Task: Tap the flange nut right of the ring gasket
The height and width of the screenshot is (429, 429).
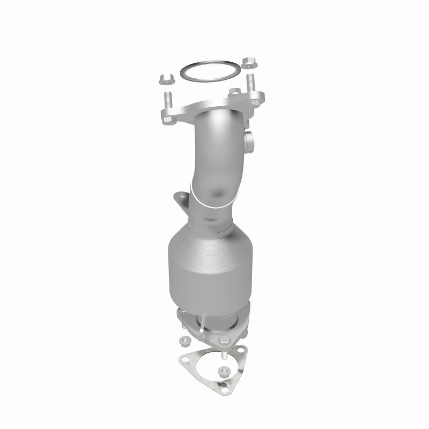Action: pyautogui.click(x=249, y=62)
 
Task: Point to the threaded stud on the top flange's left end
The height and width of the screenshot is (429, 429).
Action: pyautogui.click(x=168, y=99)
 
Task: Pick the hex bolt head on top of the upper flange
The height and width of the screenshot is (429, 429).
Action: pyautogui.click(x=235, y=92)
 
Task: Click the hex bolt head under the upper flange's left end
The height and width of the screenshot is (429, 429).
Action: pyautogui.click(x=167, y=120)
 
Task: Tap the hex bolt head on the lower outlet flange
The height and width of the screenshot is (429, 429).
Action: pyautogui.click(x=224, y=339)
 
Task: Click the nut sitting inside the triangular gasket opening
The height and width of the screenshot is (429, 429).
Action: pyautogui.click(x=224, y=371)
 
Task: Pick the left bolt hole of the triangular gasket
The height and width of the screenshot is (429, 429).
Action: pyautogui.click(x=186, y=359)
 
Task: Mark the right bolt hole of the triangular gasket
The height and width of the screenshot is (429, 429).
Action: pyautogui.click(x=241, y=350)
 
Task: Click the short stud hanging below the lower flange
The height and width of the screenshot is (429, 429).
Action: pyautogui.click(x=224, y=356)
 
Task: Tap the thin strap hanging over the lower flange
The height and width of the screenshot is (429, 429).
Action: pyautogui.click(x=203, y=324)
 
